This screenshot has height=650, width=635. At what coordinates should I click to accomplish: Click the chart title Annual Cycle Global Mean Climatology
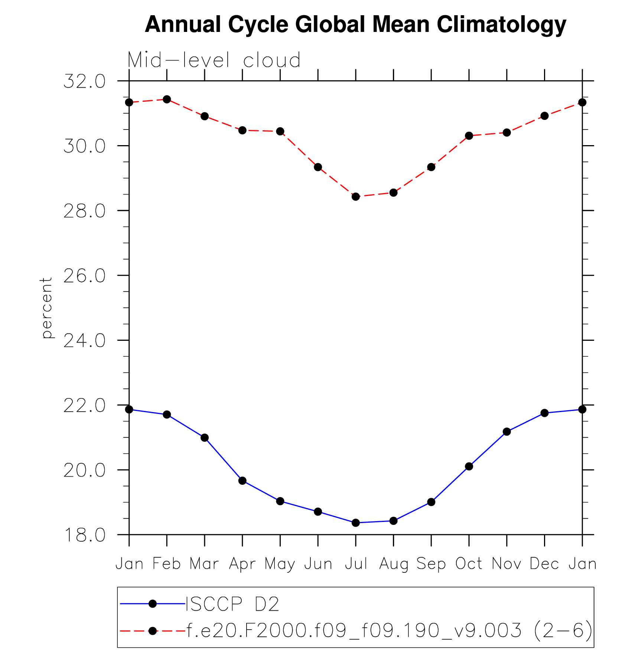pyautogui.click(x=355, y=25)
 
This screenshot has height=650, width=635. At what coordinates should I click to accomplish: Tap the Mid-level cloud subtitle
pyautogui.click(x=214, y=60)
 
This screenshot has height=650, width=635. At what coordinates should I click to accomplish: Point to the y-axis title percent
pyautogui.click(x=47, y=308)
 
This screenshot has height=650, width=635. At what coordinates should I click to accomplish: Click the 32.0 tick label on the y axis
pyautogui.click(x=84, y=81)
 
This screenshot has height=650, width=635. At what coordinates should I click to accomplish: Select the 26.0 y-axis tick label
pyautogui.click(x=84, y=276)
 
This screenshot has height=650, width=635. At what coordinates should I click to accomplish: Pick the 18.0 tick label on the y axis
pyautogui.click(x=84, y=535)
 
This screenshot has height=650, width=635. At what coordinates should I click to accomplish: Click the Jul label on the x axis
pyautogui.click(x=356, y=564)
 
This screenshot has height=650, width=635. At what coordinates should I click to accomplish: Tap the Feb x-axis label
pyautogui.click(x=167, y=564)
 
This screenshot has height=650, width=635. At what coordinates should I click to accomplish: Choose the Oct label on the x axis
pyautogui.click(x=469, y=564)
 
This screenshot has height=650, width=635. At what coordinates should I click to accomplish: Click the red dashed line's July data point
pyautogui.click(x=356, y=196)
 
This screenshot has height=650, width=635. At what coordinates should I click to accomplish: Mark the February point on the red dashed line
pyautogui.click(x=167, y=99)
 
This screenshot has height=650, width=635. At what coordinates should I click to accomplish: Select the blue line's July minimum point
pyautogui.click(x=356, y=523)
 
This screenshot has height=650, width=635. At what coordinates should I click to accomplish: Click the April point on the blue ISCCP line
pyautogui.click(x=242, y=481)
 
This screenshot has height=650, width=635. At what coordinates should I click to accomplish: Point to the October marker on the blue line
pyautogui.click(x=469, y=466)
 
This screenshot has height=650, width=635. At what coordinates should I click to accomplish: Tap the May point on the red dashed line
pyautogui.click(x=280, y=131)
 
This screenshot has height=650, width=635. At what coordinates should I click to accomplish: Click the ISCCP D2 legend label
pyautogui.click(x=232, y=604)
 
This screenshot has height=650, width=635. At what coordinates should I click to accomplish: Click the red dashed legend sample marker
pyautogui.click(x=152, y=630)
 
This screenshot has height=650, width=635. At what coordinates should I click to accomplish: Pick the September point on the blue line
pyautogui.click(x=431, y=502)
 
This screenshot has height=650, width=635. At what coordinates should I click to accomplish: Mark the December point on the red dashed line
pyautogui.click(x=544, y=116)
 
